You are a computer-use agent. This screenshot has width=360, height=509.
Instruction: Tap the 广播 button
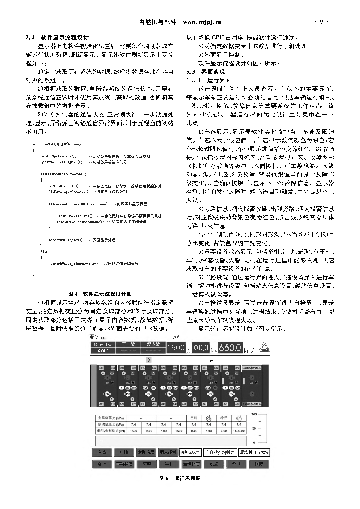pos(124,452)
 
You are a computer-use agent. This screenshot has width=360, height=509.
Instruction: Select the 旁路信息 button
pos(146,452)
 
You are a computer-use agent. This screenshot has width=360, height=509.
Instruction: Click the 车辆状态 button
pos(124,464)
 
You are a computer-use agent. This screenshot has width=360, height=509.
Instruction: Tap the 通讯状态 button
pos(191,464)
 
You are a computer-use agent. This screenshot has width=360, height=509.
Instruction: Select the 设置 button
pos(214,464)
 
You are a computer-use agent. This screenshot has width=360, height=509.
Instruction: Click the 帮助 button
pos(236,464)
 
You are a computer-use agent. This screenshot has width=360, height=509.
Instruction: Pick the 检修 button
pos(258,464)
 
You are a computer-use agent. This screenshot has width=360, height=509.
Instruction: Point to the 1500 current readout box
pos(176,348)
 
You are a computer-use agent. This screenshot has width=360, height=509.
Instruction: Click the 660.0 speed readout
pos(230,348)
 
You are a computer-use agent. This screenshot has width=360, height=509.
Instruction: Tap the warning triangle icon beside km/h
pos(266,348)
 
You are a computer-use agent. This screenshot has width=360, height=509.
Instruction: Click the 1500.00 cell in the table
pos(238,431)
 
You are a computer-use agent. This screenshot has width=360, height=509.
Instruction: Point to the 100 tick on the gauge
pos(254,414)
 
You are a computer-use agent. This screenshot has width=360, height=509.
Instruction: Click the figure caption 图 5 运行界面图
pos(180,479)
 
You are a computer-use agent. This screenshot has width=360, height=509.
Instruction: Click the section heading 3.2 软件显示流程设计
pos(57,37)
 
